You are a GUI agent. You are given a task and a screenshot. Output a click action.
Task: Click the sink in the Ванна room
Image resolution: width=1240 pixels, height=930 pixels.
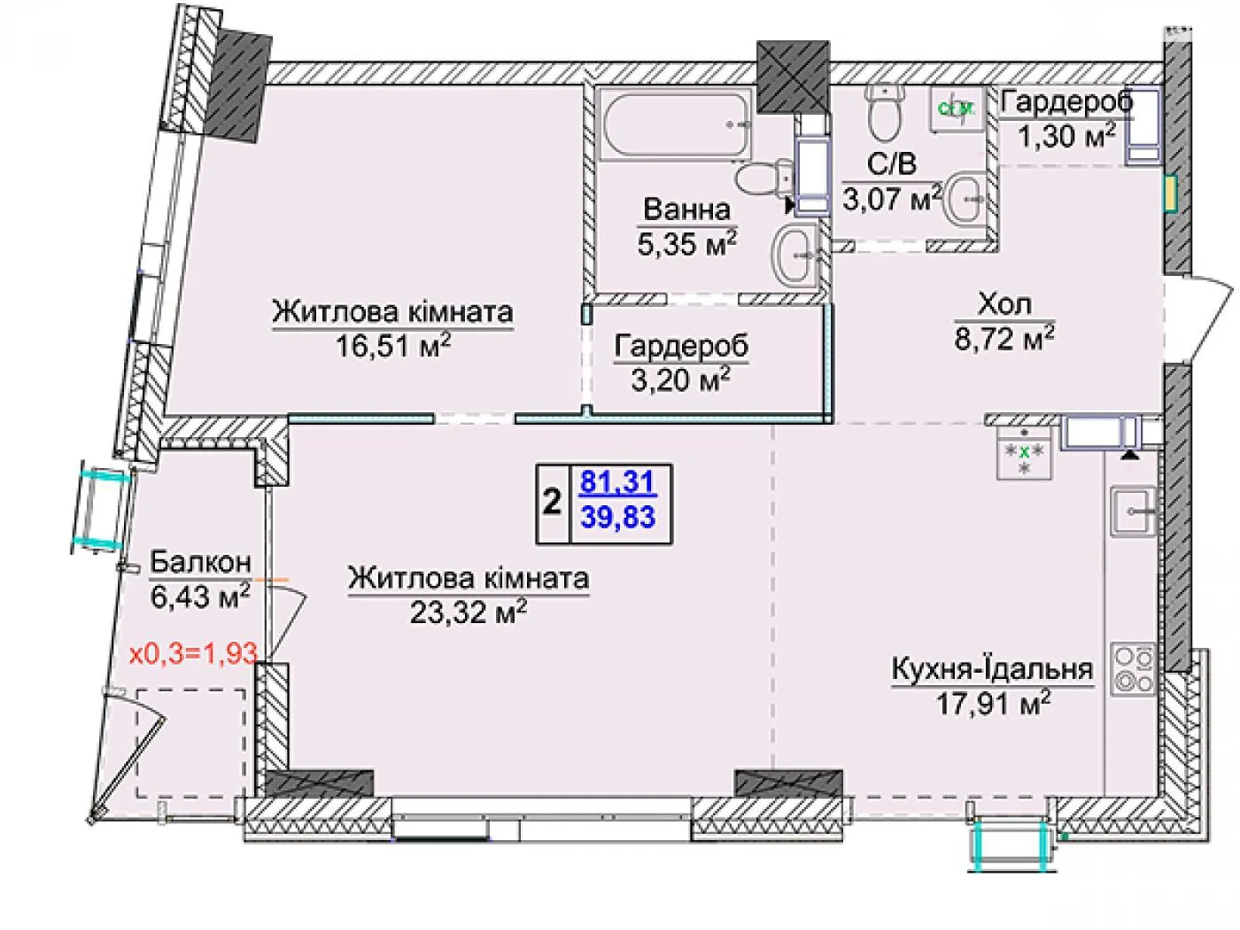point(794,253)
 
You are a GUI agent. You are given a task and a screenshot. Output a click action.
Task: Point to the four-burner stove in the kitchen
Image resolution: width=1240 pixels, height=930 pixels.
point(1133,670)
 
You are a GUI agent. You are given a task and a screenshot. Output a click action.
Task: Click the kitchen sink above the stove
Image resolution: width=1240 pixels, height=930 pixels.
point(1133,511)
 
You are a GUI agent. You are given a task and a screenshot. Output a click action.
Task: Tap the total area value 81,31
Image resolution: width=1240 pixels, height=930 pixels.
point(618,484)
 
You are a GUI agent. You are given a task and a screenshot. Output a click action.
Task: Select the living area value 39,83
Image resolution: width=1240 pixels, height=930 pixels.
point(618,517)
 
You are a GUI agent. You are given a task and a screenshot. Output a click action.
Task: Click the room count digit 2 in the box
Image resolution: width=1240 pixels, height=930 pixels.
point(552,503)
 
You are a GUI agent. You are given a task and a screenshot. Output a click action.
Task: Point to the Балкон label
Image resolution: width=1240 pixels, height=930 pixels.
point(200,561)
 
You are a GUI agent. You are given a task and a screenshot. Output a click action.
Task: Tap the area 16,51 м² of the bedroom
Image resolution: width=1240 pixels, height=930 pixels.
point(392,346)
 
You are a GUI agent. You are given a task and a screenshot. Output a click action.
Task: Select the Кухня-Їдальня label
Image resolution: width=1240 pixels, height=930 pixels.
point(992,669)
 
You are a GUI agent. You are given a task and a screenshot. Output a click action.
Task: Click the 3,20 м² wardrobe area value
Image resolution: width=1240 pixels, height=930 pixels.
point(681,380)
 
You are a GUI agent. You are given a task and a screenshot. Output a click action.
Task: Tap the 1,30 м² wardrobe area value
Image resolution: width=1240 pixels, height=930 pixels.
point(1066,136)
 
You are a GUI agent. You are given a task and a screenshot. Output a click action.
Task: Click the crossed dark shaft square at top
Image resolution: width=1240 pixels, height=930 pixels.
point(793,76)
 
